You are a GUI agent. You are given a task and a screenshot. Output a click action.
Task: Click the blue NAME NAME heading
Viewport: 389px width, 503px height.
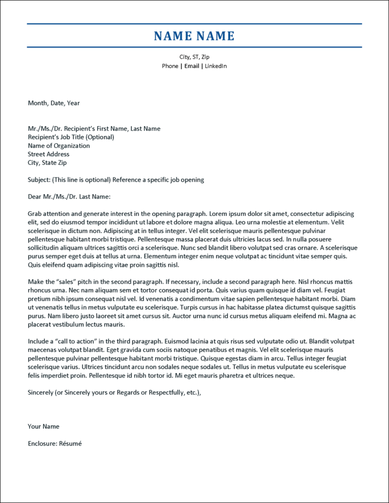(194, 36)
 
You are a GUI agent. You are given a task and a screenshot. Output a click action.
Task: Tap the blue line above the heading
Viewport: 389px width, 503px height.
(194, 23)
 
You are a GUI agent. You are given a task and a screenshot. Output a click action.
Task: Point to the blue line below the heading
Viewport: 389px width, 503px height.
(194, 47)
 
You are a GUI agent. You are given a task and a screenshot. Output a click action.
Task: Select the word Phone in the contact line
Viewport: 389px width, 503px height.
(170, 66)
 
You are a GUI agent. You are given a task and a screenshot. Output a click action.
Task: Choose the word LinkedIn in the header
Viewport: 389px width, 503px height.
(215, 66)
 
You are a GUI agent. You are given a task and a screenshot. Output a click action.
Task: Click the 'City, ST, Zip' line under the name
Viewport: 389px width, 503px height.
(194, 57)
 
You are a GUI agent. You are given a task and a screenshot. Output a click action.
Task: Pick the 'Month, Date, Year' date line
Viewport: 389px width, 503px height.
(53, 103)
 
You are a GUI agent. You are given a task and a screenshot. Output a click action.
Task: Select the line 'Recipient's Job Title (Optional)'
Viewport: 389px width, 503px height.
(71, 137)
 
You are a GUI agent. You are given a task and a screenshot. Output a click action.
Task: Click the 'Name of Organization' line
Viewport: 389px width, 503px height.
(59, 146)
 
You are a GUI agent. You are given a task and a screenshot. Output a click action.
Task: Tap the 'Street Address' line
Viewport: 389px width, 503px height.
(49, 154)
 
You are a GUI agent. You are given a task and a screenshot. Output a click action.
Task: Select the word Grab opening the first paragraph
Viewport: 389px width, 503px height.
(35, 214)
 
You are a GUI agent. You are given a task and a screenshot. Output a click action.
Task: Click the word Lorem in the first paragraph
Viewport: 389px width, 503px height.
(219, 214)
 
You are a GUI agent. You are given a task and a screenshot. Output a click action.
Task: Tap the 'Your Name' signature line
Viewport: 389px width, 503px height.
(43, 427)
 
